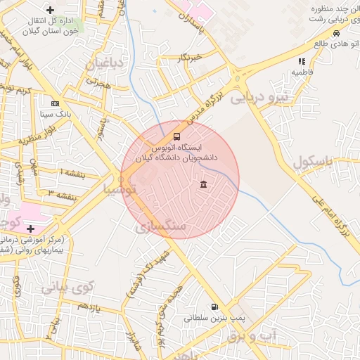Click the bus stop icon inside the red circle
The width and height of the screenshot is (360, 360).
[176, 136]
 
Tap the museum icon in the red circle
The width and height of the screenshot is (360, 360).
[203, 185]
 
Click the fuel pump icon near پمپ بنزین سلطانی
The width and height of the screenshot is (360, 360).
[214, 307]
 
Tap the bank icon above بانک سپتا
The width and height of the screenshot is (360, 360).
[55, 103]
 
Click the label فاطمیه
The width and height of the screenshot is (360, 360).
[302, 72]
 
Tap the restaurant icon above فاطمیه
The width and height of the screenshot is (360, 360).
[302, 62]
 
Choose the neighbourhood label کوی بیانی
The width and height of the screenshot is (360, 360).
[68, 286]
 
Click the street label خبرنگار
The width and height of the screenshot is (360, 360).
[190, 56]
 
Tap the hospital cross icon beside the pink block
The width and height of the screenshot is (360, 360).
[30, 229]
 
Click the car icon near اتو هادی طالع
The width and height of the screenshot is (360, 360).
[336, 33]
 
